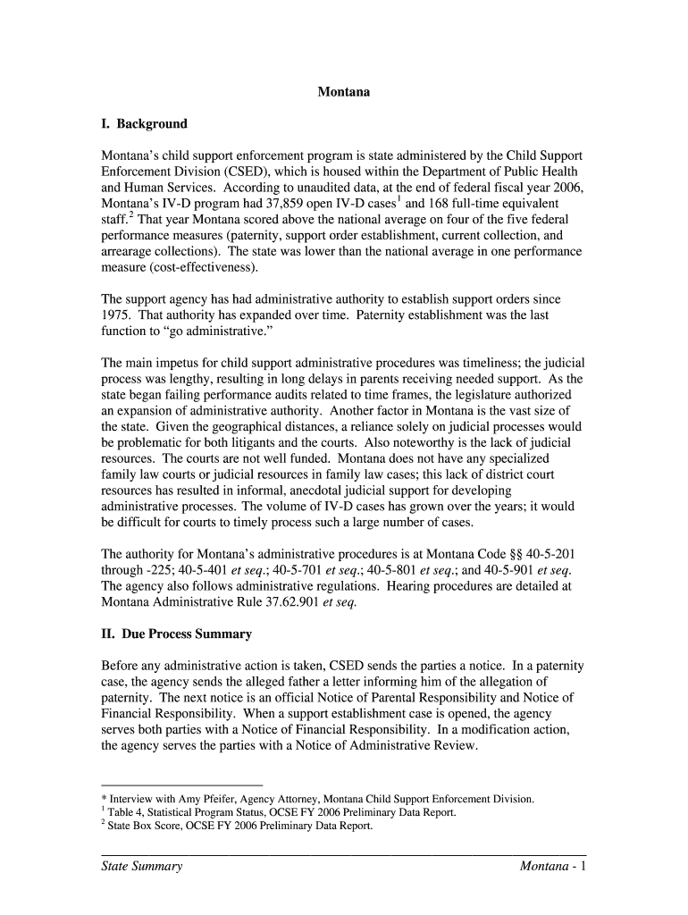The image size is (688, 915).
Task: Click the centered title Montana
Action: pos(344,92)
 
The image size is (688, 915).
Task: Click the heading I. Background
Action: pos(144,123)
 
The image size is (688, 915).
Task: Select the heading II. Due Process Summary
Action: pos(176,634)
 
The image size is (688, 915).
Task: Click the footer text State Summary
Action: pos(142,868)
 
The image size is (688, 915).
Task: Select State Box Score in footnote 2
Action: pos(141,826)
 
